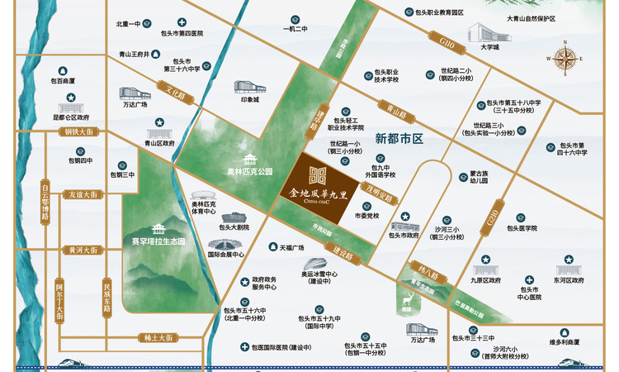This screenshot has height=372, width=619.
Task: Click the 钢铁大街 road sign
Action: [83, 131]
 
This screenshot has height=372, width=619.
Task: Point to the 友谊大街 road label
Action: [83, 194]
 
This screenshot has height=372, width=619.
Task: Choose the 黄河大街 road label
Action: [83, 249]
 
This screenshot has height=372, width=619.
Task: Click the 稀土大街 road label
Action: [155, 337]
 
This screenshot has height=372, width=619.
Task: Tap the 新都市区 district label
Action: [398, 139]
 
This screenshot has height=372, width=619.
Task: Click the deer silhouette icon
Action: [407, 303]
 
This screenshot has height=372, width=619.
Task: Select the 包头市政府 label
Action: [404, 235]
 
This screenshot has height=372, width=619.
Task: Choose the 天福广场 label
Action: [291, 247]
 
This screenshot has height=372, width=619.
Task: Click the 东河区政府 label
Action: [569, 280]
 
